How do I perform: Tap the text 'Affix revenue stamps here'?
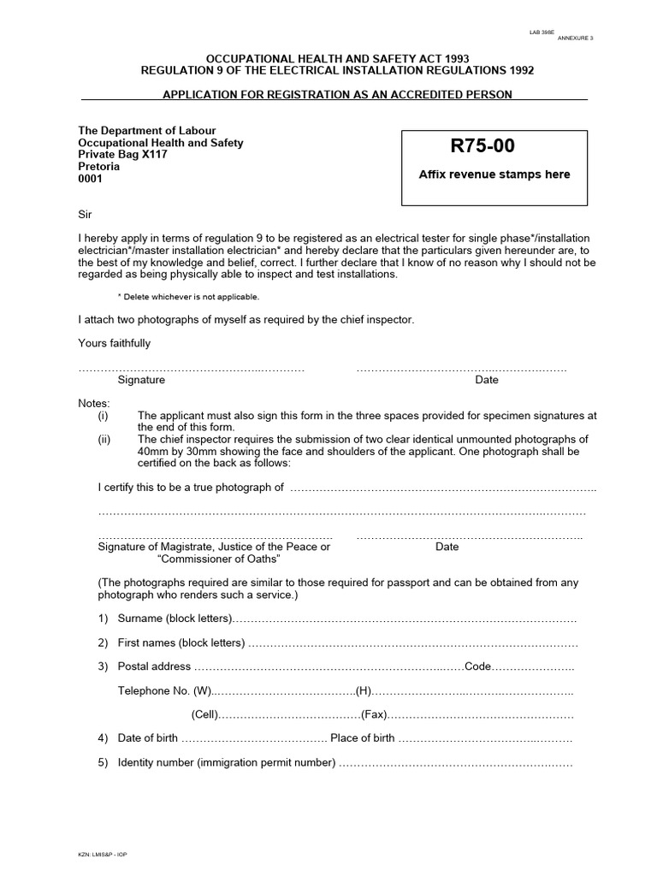tap(494, 175)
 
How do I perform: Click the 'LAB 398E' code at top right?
tap(542, 33)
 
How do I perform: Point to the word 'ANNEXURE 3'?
tap(576, 38)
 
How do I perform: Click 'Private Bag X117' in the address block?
tap(122, 155)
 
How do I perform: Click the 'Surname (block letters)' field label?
tap(175, 618)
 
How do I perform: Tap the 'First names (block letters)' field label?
tap(181, 642)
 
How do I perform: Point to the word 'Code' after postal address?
tap(478, 666)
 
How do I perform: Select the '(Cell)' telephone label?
tap(204, 714)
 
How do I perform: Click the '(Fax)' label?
tap(374, 714)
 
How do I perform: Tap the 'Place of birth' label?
tap(363, 738)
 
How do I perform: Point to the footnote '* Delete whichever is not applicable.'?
tap(187, 297)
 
